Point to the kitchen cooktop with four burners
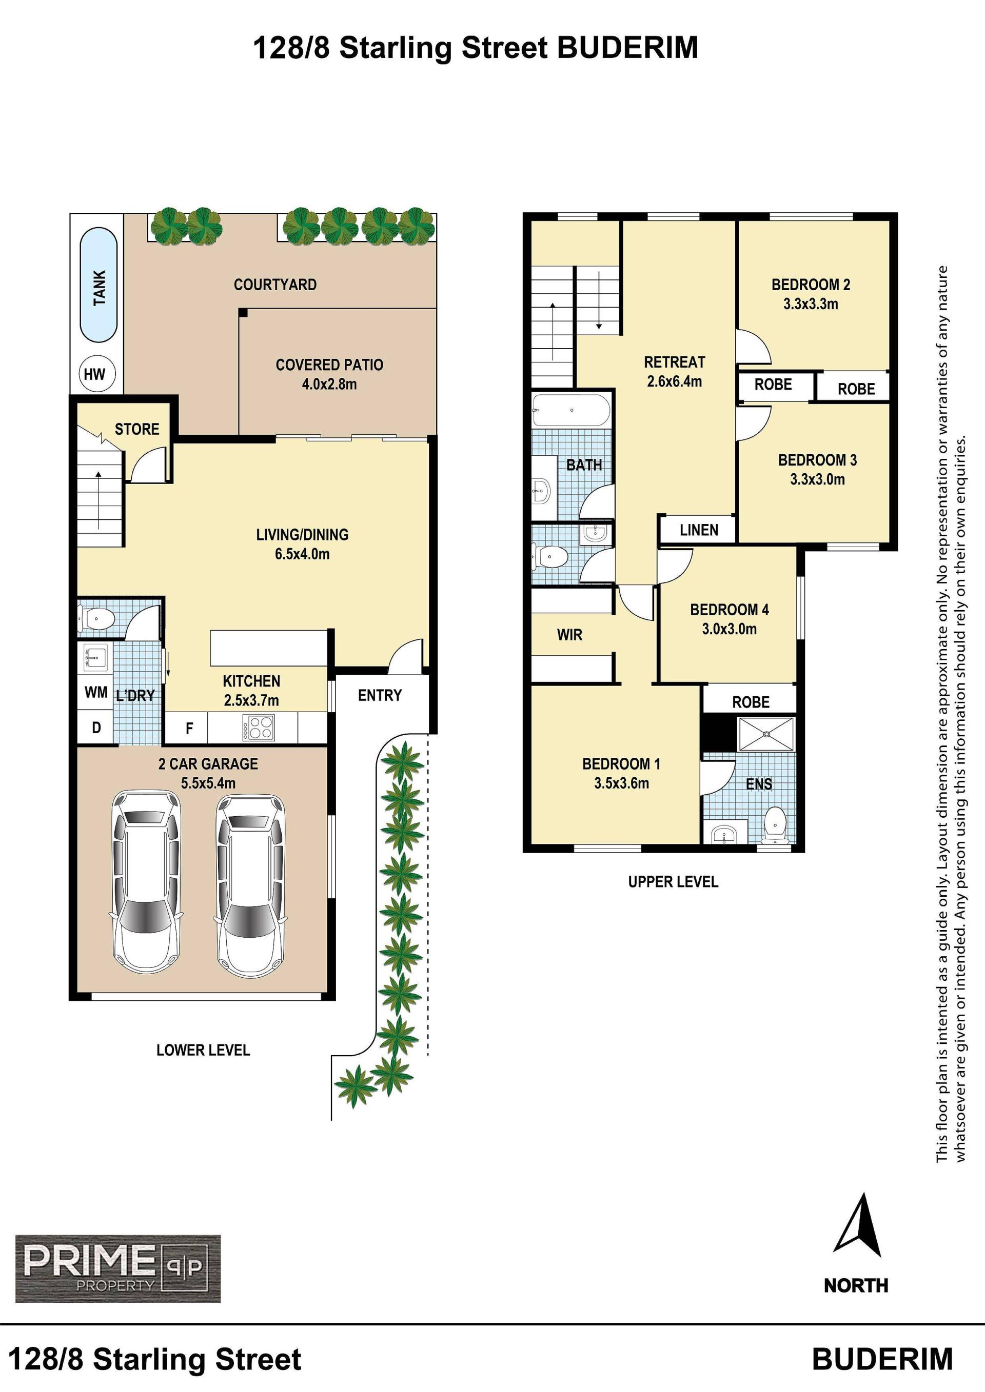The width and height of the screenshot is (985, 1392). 259,728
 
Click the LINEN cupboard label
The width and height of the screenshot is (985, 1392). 699,530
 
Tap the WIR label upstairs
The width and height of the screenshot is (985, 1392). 569,635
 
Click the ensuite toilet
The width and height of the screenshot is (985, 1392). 775,823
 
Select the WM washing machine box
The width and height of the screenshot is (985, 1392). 96,692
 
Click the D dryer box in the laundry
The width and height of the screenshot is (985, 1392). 96,728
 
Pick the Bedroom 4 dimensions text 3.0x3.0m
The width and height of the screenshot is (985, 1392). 729,629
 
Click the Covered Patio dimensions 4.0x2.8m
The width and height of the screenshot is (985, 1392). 329,384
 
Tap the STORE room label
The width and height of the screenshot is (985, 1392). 137,429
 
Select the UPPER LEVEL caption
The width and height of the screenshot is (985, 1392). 673,881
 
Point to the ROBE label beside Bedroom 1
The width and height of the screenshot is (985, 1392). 751,702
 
